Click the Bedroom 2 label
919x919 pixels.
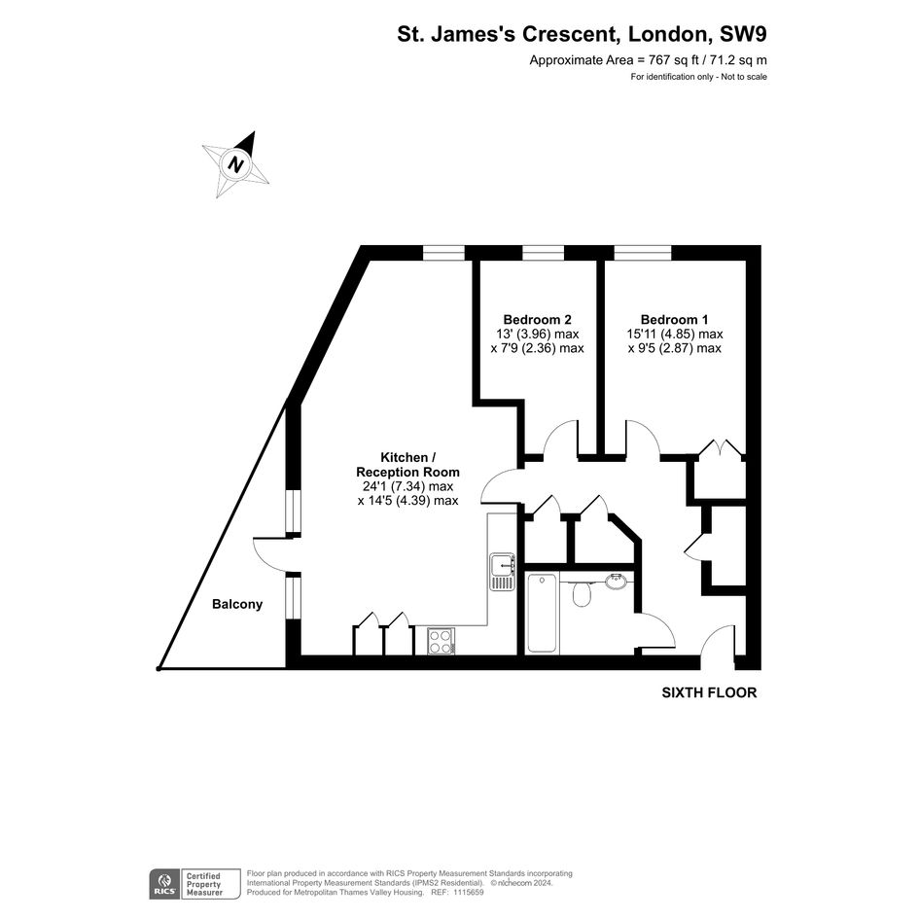[537, 319]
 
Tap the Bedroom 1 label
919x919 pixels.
[674, 319]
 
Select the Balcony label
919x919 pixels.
[237, 604]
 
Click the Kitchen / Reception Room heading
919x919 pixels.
[407, 464]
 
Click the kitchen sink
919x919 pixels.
[502, 572]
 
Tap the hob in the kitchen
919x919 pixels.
[441, 641]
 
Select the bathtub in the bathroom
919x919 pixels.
[542, 613]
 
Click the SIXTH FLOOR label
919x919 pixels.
[709, 692]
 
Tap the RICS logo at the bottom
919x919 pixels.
[164, 884]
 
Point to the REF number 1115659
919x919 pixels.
[465, 892]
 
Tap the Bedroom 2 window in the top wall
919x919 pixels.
[543, 253]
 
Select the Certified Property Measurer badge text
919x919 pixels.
[204, 884]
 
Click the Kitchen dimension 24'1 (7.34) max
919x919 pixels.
[407, 486]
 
